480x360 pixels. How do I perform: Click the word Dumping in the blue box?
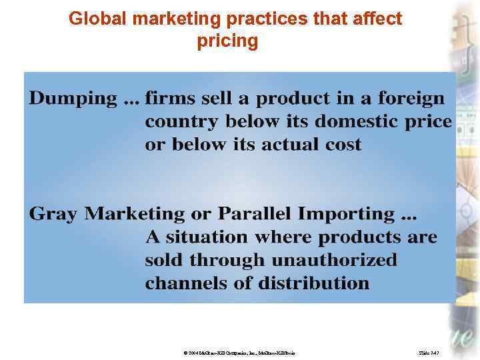(x=73, y=100)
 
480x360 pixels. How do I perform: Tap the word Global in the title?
(x=93, y=19)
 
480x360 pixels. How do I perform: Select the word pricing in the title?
(x=227, y=41)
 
